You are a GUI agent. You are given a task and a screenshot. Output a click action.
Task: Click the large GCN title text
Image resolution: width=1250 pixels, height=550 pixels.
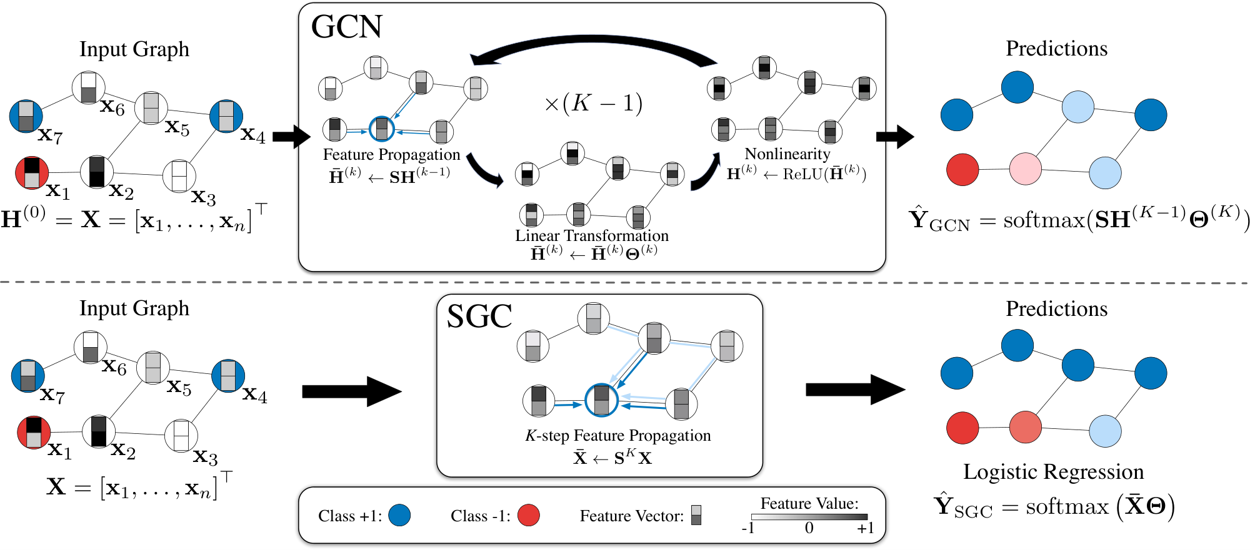tap(346, 27)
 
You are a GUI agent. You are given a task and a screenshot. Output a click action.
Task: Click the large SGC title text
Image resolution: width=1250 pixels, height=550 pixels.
tap(479, 317)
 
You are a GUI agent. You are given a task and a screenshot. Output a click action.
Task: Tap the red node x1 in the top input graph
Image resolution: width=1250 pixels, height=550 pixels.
tap(31, 173)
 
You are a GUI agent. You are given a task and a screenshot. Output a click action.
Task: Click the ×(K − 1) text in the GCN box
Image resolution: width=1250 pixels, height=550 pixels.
tap(593, 103)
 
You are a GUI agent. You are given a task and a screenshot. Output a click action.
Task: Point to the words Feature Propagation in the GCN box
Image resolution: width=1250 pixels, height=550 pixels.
tap(391, 154)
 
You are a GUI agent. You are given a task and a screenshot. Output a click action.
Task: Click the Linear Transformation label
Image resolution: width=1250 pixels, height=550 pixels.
tap(591, 235)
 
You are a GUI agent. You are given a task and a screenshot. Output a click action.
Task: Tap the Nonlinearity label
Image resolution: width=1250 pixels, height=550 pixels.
tap(787, 154)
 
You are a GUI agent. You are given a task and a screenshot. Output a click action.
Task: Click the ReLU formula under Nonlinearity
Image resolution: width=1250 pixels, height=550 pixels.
tap(796, 174)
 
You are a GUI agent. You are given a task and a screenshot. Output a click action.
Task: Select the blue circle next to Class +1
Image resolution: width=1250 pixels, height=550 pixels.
tap(399, 516)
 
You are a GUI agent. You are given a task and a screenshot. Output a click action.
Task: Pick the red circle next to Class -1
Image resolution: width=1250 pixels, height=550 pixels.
tap(528, 516)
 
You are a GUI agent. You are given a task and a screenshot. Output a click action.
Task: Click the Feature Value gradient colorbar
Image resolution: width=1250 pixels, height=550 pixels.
tap(809, 517)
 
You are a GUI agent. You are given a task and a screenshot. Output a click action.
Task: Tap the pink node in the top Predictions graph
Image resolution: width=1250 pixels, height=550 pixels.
tap(1025, 169)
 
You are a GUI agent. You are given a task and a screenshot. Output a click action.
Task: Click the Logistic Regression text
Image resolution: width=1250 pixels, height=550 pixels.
tap(1053, 471)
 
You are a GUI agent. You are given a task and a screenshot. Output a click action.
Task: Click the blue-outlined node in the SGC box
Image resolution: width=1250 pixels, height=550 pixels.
tap(601, 400)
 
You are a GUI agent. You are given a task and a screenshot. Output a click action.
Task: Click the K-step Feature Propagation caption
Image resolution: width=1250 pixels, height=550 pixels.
tap(617, 435)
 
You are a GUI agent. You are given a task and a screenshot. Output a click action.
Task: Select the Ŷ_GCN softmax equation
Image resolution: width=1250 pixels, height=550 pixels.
tap(1078, 220)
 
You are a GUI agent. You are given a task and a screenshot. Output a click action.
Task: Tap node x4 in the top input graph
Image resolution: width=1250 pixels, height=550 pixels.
tap(226, 116)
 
